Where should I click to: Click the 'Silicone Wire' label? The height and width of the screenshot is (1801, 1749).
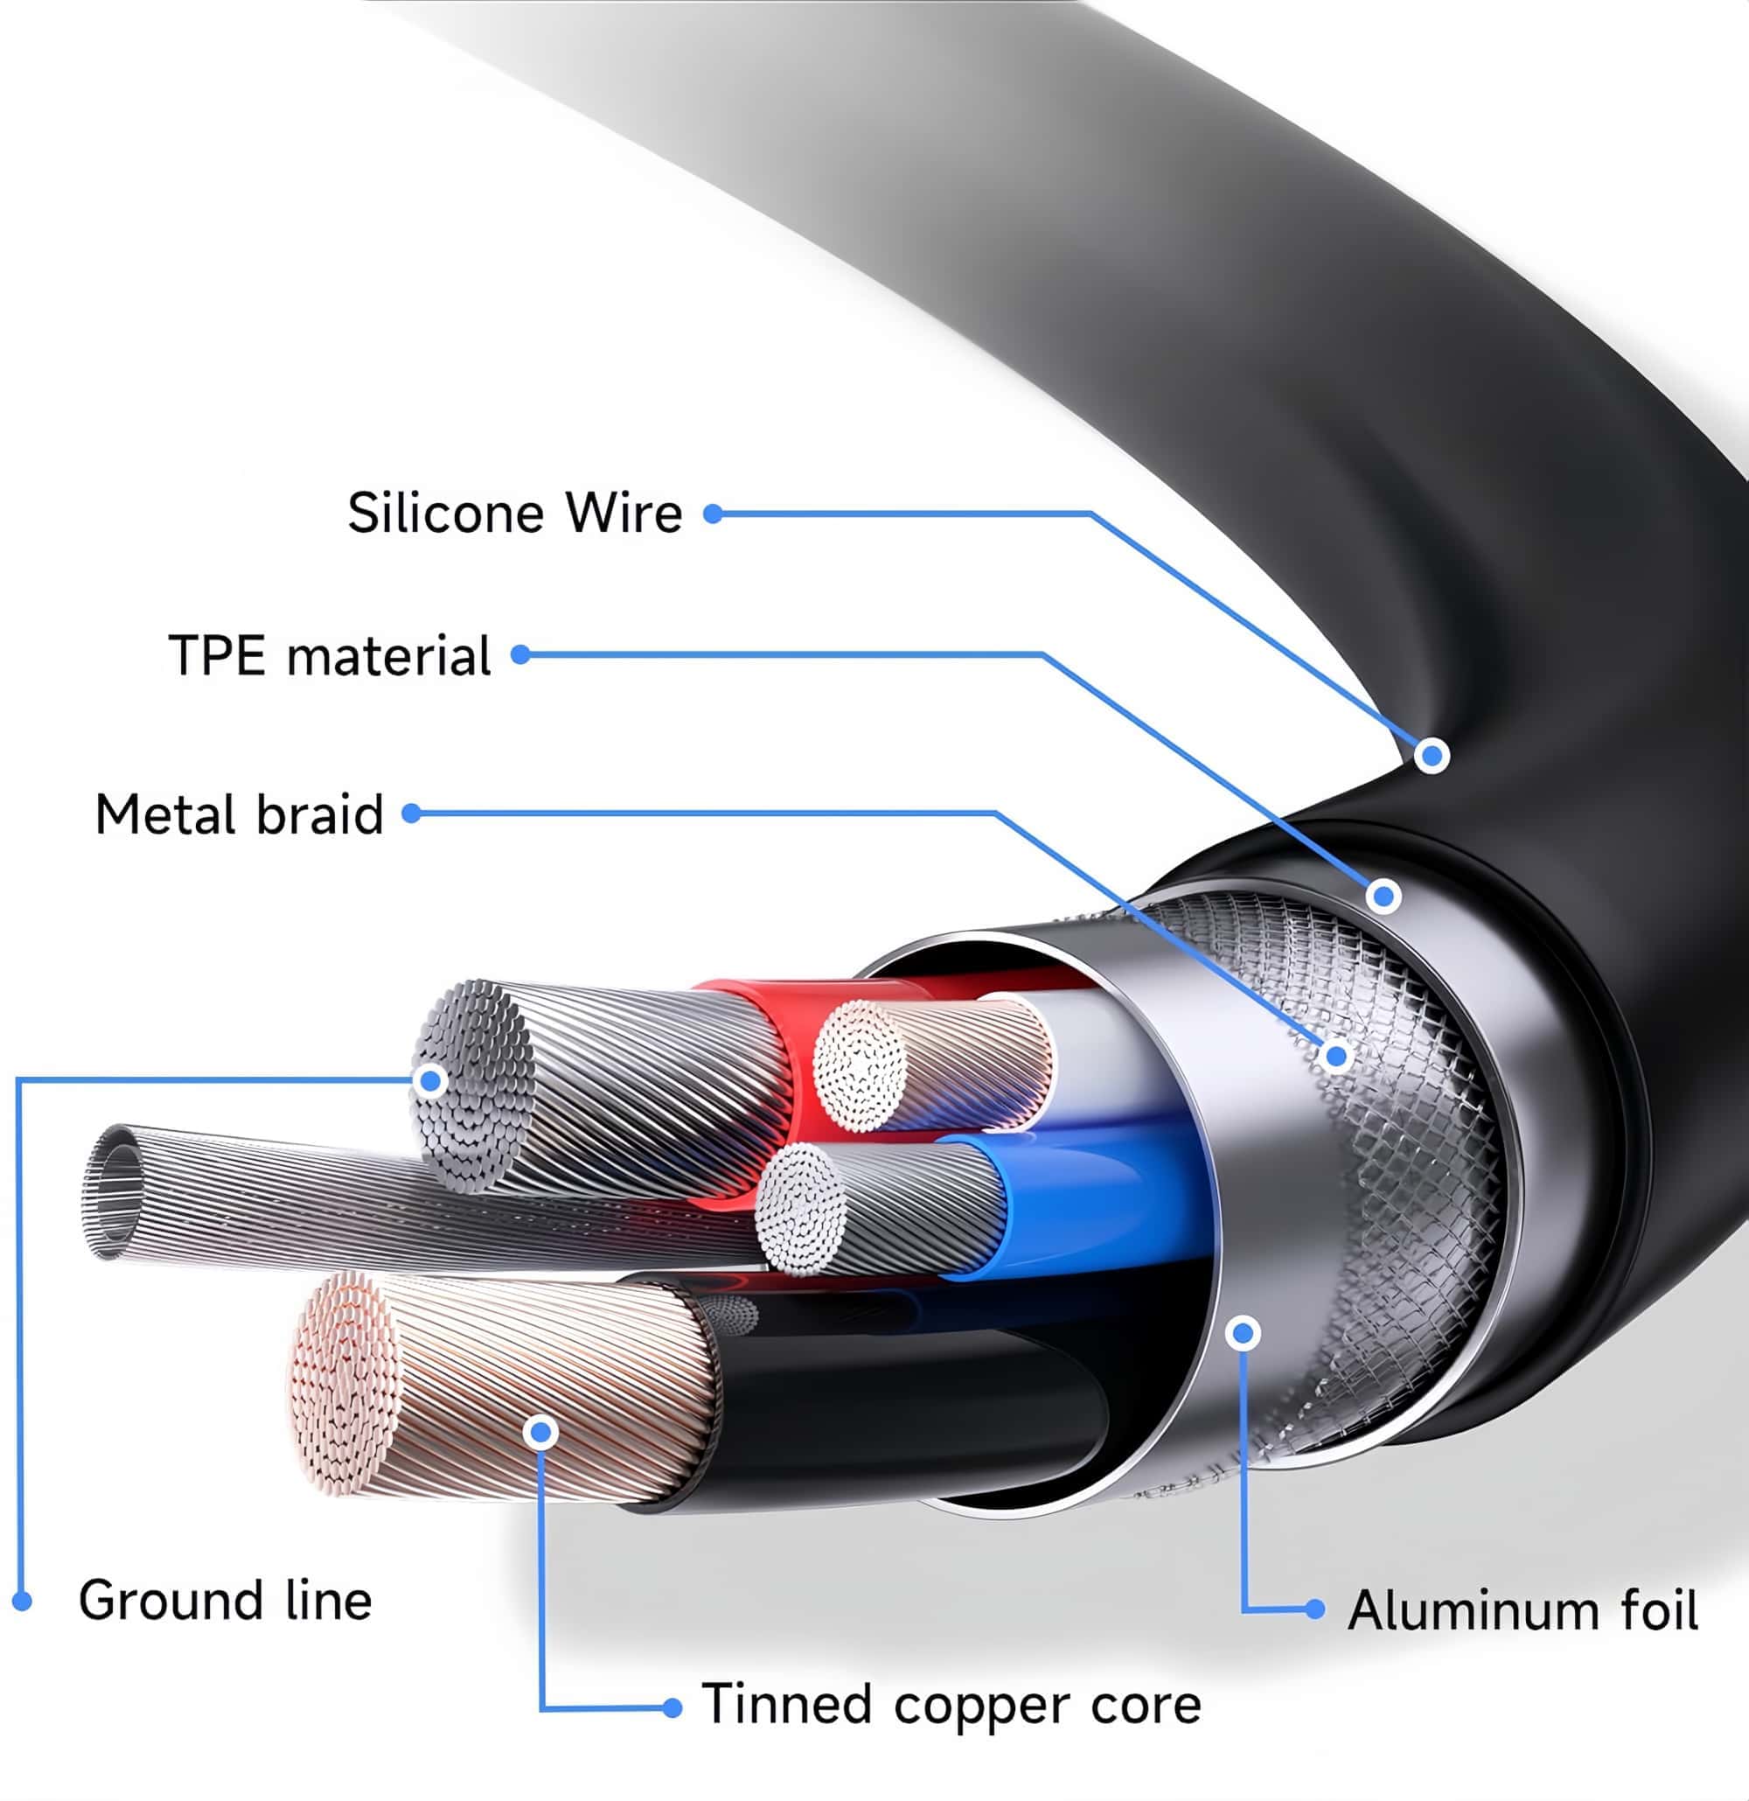pyautogui.click(x=514, y=513)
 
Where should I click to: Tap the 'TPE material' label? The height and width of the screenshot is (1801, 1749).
pyautogui.click(x=330, y=656)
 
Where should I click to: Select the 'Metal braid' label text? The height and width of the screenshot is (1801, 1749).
pyautogui.click(x=239, y=814)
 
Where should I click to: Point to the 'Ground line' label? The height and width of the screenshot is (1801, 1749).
pyautogui.click(x=225, y=1600)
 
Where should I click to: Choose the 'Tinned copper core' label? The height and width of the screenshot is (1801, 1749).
pyautogui.click(x=951, y=1705)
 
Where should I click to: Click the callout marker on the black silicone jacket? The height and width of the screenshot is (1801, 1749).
pyautogui.click(x=1432, y=756)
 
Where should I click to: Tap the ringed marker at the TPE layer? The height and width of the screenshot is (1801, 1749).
pyautogui.click(x=1383, y=895)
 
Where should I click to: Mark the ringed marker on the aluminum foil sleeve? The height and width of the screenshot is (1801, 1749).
pyautogui.click(x=1243, y=1332)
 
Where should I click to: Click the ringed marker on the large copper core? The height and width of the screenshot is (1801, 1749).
pyautogui.click(x=541, y=1433)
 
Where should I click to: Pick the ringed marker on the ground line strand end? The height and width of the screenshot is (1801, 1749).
pyautogui.click(x=430, y=1080)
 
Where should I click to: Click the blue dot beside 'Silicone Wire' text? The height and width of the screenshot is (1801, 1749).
pyautogui.click(x=714, y=513)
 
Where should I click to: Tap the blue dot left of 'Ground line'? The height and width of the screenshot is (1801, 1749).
pyautogui.click(x=23, y=1602)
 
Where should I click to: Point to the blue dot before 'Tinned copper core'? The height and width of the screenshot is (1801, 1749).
pyautogui.click(x=672, y=1707)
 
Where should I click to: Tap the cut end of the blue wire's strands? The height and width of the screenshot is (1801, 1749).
pyautogui.click(x=801, y=1208)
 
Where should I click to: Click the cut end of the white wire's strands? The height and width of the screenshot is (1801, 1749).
pyautogui.click(x=860, y=1065)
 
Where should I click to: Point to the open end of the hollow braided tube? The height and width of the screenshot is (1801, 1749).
pyautogui.click(x=114, y=1192)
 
